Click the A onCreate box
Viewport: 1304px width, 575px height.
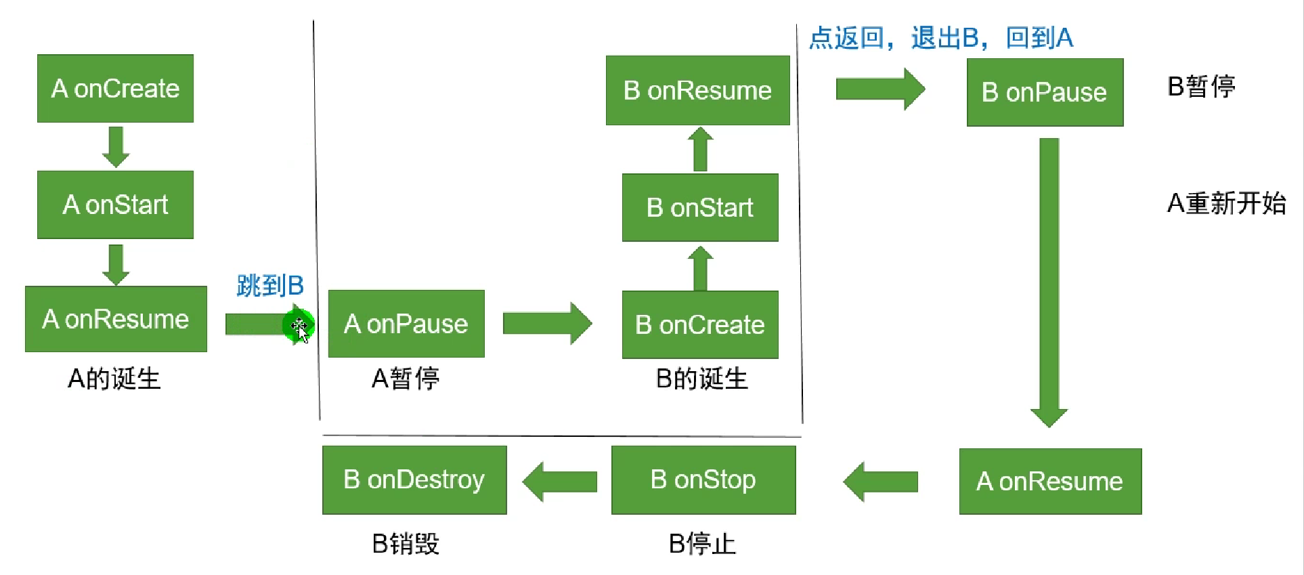[x=115, y=89]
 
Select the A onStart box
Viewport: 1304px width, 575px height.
[x=115, y=205]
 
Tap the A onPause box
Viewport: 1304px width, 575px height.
[x=406, y=324]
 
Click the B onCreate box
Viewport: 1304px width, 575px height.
[x=700, y=324]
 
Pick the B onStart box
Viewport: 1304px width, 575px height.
[x=700, y=207]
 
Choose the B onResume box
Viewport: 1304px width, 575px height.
[x=697, y=90]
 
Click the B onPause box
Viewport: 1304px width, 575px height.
[x=1045, y=92]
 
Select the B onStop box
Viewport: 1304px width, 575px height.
[x=703, y=480]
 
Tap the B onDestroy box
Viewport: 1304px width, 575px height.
[x=414, y=480]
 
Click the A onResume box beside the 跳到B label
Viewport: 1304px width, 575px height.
[x=116, y=319]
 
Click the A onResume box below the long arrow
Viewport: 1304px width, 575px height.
[x=1050, y=481]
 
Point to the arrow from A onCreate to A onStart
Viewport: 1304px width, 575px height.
[x=116, y=146]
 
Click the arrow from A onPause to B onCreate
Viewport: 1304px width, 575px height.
[x=547, y=323]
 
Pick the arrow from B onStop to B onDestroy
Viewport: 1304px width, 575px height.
[x=560, y=482]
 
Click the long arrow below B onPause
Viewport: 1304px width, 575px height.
[x=1049, y=281]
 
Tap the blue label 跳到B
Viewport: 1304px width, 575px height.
[x=270, y=285]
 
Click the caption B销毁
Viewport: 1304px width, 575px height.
[x=406, y=543]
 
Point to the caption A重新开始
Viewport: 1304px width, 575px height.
[x=1226, y=203]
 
